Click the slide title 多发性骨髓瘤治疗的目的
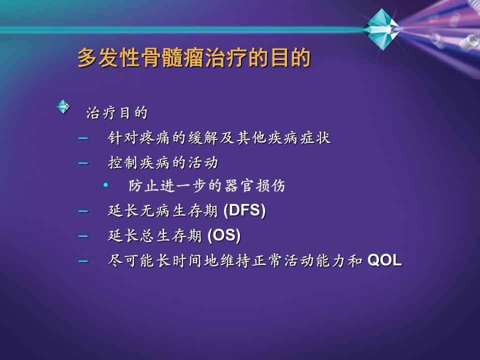click(x=194, y=57)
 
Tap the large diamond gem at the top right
click(x=381, y=29)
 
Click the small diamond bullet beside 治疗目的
click(x=63, y=107)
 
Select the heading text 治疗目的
click(x=117, y=112)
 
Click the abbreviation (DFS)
click(x=244, y=210)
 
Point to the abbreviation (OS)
click(x=224, y=235)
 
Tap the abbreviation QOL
click(x=384, y=260)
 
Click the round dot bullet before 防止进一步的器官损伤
click(x=105, y=185)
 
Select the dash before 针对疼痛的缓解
click(x=83, y=138)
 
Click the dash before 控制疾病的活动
click(x=83, y=163)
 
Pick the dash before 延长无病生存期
click(x=83, y=211)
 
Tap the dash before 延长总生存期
click(x=83, y=236)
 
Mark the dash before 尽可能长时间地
click(x=83, y=261)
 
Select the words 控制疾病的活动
click(x=163, y=162)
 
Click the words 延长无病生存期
click(x=163, y=210)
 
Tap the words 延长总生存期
click(x=155, y=235)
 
